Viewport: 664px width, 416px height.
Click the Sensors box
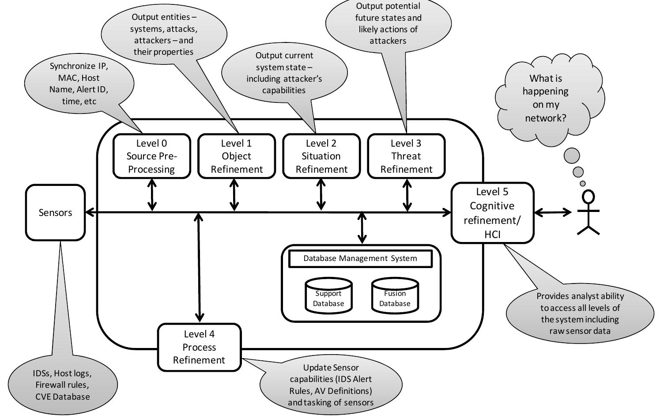tap(55, 212)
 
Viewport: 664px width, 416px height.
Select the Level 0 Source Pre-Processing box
tap(151, 156)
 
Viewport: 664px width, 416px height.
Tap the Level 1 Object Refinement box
tap(236, 156)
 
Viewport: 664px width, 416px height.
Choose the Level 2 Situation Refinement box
tap(321, 156)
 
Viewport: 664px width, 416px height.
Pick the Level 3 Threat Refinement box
tap(406, 156)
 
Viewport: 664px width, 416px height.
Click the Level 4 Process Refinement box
tap(199, 347)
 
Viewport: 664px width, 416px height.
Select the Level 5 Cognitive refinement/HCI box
tap(492, 213)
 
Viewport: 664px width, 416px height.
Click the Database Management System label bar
tap(360, 258)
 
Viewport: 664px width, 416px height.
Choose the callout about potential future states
tap(388, 24)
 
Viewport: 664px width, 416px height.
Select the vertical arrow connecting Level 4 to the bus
tap(199, 267)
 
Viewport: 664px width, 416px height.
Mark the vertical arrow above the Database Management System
tap(362, 227)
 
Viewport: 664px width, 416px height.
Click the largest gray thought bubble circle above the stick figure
tap(572, 156)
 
